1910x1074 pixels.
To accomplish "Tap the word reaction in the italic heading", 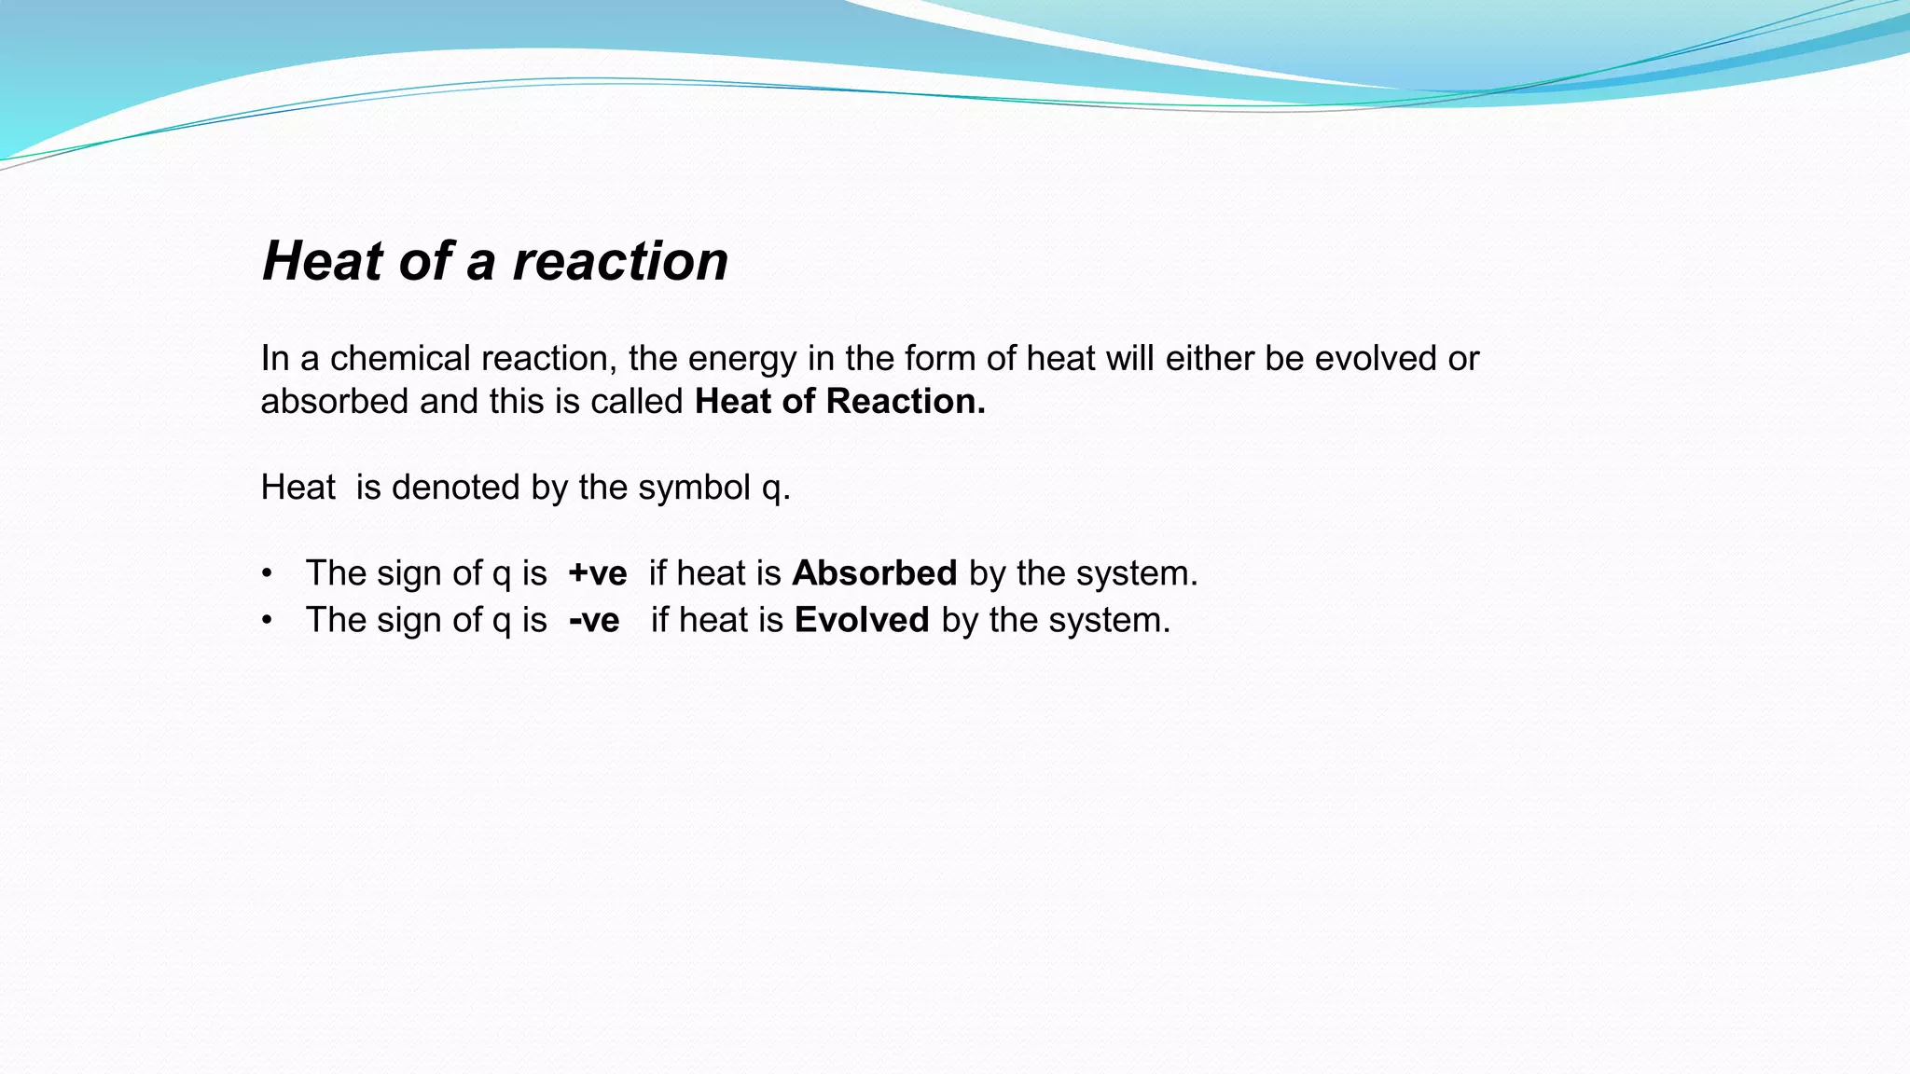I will (x=620, y=261).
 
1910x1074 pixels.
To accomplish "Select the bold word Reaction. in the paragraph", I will (x=906, y=401).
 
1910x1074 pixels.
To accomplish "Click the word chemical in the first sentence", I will (x=400, y=359).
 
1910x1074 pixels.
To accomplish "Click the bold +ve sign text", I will (x=598, y=573).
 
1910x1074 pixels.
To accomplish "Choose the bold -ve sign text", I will (x=594, y=621).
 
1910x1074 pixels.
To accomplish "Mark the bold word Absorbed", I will (x=874, y=573).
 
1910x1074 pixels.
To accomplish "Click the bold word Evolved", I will (x=862, y=621).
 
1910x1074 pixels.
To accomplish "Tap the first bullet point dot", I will (x=268, y=573).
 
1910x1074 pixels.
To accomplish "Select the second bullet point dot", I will (x=268, y=621).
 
